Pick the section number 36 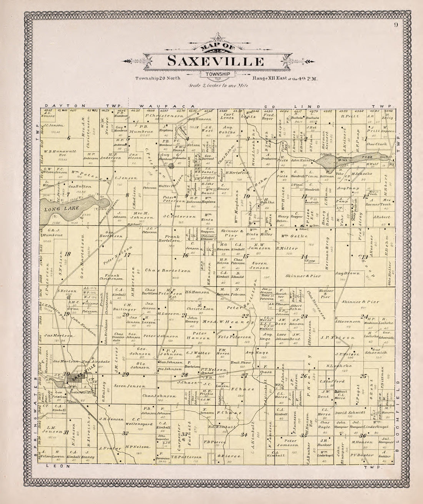pos(362,436)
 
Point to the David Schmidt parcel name pos(344,413)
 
